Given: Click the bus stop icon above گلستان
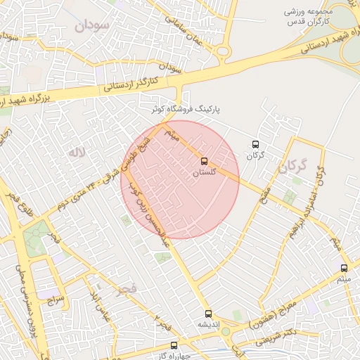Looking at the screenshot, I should [204, 161].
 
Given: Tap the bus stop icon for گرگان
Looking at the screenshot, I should [255, 144].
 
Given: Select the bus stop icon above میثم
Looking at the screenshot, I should [344, 268].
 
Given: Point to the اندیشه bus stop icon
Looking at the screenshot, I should [207, 314].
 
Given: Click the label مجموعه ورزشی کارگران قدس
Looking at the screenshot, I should [315, 18].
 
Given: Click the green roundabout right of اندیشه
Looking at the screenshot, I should [225, 331].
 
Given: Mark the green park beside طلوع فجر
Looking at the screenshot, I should [35, 243].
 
